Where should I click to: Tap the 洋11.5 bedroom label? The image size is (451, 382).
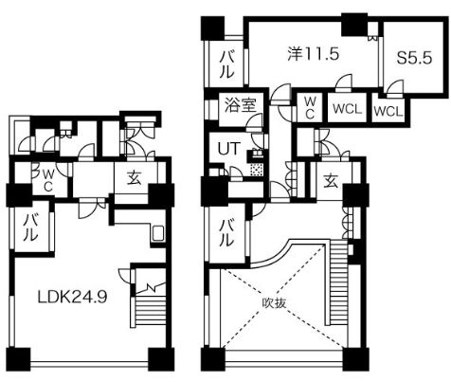(x=313, y=55)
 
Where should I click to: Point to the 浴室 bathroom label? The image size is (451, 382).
(x=239, y=106)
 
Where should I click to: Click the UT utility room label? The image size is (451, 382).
(x=228, y=148)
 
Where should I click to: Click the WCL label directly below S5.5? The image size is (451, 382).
(x=388, y=110)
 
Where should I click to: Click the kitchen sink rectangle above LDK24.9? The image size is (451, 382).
(x=158, y=233)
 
